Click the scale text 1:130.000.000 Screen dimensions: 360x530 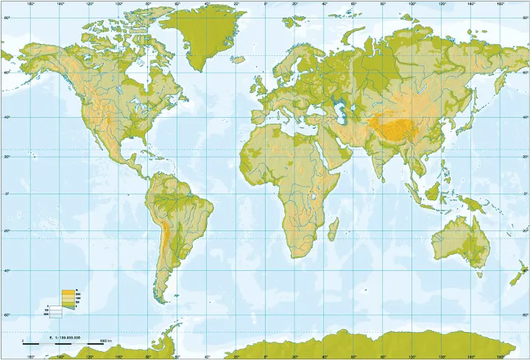(64, 337)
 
